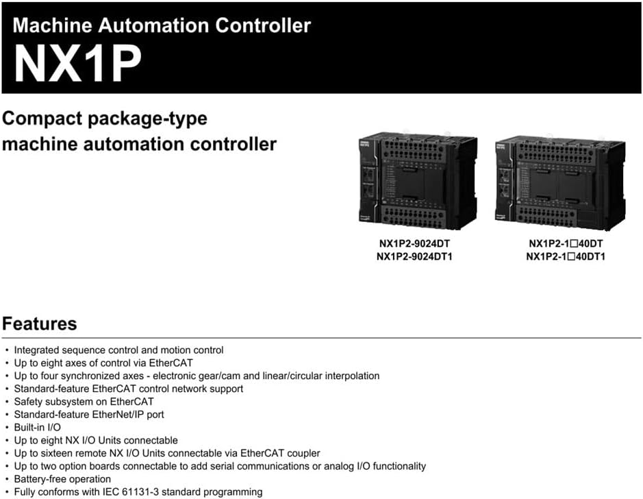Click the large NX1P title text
(78, 64)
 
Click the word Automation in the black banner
(153, 25)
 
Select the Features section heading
(39, 324)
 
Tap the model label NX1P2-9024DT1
(414, 256)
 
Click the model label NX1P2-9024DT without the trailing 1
(414, 243)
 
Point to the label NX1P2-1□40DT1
(566, 256)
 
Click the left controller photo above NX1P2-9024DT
(418, 180)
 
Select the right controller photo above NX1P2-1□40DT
(561, 182)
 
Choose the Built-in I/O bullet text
(37, 427)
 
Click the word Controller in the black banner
(263, 25)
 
